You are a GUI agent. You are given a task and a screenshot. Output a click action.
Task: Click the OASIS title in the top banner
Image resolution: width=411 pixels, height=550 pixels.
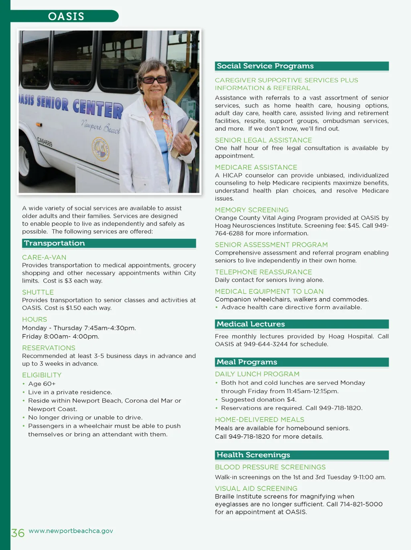coord(66,16)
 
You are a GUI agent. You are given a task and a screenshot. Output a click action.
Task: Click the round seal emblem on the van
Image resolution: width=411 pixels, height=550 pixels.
coord(100,149)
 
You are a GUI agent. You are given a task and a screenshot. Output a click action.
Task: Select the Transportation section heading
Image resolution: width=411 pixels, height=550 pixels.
coord(55,243)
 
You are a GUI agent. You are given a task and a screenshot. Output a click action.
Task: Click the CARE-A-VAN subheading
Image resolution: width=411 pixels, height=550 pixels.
coord(44,257)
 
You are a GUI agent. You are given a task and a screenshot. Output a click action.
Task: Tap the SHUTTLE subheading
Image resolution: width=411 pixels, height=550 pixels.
coord(38,292)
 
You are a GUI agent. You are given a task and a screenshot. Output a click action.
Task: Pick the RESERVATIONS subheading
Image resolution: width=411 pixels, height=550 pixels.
coord(49,348)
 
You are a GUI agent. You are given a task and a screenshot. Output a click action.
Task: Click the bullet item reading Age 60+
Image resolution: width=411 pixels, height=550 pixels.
coord(42,384)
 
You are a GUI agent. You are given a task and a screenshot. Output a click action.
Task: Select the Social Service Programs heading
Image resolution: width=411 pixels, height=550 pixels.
coord(265,66)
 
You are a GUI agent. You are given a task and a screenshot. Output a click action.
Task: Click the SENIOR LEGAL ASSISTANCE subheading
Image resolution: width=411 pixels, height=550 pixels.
coord(263,140)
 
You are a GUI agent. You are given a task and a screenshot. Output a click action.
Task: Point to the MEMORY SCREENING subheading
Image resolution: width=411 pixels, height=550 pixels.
coord(252,210)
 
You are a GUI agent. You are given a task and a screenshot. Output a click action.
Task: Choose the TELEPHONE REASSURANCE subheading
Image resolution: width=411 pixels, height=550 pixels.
coord(263,272)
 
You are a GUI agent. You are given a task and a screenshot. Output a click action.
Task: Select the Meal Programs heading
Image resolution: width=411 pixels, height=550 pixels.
coord(247,362)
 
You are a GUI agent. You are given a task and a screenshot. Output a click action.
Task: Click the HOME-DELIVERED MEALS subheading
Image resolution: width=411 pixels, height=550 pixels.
coord(259,420)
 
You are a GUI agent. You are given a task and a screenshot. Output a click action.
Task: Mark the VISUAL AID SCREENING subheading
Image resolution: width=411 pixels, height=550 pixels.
coord(256,489)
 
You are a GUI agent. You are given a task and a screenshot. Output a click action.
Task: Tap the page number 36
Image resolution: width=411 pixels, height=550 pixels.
coord(18,533)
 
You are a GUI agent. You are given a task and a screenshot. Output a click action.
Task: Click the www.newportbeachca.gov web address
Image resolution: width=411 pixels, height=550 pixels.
coord(71,531)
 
